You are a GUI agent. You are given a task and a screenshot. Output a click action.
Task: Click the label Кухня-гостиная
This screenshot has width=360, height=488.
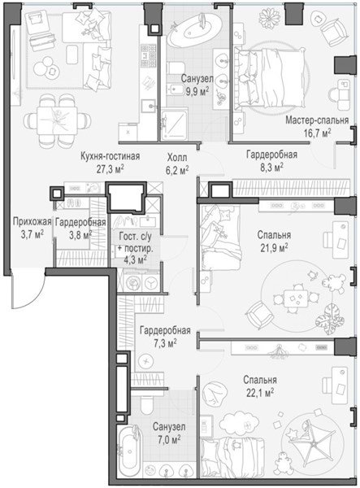(110, 156)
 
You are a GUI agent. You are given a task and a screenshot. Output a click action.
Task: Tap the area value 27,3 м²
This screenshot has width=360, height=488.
(110, 170)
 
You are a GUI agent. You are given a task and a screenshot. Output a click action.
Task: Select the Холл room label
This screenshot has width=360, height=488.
(177, 158)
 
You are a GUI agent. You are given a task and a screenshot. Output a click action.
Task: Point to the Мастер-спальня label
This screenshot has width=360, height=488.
(317, 120)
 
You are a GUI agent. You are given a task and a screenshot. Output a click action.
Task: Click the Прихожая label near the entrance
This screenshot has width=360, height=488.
(32, 222)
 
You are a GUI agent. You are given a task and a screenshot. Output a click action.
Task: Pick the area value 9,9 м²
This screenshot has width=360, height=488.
(197, 92)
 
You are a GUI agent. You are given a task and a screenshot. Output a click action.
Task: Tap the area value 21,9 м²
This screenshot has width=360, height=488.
(274, 249)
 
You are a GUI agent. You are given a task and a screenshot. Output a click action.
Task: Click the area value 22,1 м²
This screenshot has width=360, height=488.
(260, 394)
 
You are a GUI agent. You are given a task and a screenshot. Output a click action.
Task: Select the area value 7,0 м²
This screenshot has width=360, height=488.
(169, 440)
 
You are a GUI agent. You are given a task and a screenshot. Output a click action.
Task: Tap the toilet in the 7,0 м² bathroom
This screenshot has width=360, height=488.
(145, 403)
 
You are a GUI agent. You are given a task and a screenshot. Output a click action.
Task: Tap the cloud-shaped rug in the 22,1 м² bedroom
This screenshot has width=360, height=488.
(239, 422)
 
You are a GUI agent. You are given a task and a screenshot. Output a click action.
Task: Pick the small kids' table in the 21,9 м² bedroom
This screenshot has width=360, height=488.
(294, 298)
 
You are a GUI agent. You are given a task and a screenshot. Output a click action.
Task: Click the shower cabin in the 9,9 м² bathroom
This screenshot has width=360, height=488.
(175, 124)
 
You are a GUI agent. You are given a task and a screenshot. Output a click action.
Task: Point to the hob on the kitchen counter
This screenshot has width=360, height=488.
(148, 56)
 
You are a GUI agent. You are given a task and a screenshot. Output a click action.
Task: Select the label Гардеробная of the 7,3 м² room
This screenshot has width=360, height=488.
(165, 330)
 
